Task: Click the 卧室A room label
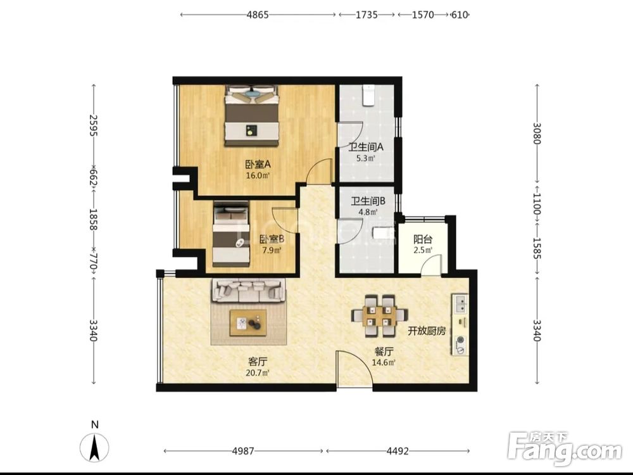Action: point(258,165)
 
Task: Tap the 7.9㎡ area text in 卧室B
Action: point(272,250)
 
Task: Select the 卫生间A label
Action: point(366,147)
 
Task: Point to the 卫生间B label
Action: point(368,201)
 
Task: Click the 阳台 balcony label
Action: point(423,239)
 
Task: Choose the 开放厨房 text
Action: point(426,331)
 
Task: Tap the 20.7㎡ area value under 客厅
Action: point(257,372)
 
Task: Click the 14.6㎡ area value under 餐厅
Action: point(383,362)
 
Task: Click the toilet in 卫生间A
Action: point(369,95)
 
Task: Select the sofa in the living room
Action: point(248,291)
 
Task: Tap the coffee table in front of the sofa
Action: point(248,323)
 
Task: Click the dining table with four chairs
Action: point(379,316)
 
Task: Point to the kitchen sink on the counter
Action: point(460,304)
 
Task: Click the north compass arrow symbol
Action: point(94,448)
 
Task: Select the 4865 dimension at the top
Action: point(258,15)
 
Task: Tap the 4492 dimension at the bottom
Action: point(398,451)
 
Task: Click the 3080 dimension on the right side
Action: point(537,133)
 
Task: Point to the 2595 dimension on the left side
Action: point(93,125)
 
